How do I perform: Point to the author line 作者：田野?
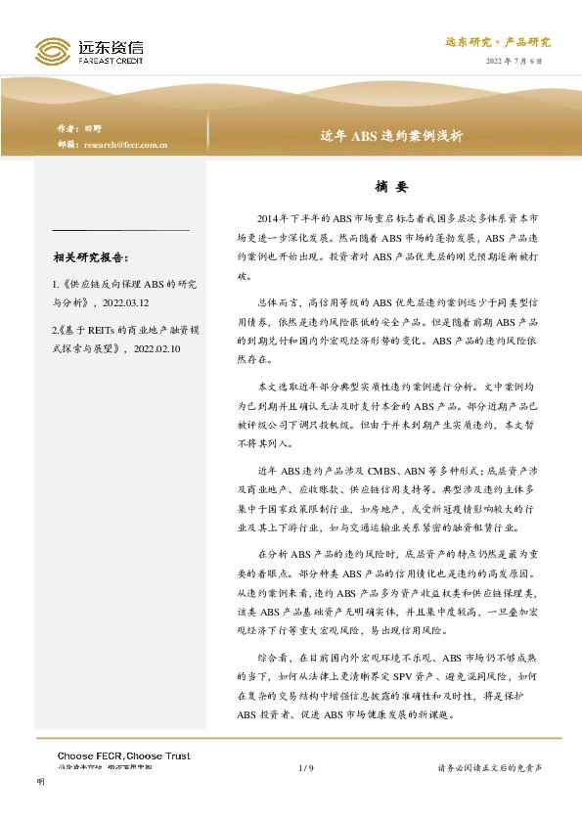(x=79, y=128)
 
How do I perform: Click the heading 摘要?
(x=391, y=186)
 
